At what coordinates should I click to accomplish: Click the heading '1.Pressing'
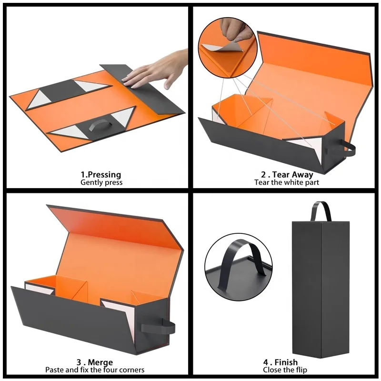tap(100, 174)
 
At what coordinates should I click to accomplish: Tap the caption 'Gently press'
tap(101, 182)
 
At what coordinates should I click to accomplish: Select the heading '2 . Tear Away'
tap(287, 174)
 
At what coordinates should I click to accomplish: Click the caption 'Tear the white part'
tap(287, 182)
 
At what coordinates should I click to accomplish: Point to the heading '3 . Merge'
tap(94, 362)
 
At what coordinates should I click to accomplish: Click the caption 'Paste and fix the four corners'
tap(95, 370)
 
